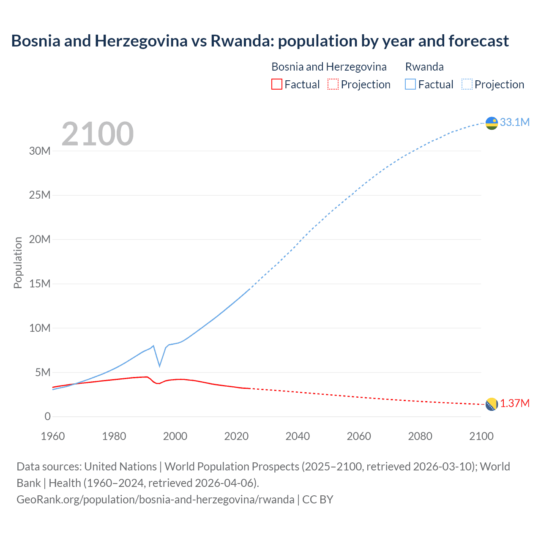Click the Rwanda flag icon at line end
[492, 123]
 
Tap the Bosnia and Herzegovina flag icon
[492, 404]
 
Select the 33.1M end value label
[514, 122]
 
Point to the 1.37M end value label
[515, 404]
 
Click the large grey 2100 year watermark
[98, 134]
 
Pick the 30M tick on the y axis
[40, 151]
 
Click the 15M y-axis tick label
[40, 284]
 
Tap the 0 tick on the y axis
[47, 417]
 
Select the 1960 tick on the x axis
[53, 436]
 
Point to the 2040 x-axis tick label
[298, 436]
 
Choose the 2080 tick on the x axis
[420, 436]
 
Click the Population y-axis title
[18, 262]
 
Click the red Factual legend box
[277, 84]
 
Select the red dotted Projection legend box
[333, 84]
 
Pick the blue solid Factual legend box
[410, 84]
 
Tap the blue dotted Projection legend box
[467, 84]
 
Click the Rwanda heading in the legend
[424, 67]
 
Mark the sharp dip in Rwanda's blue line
[159, 366]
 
